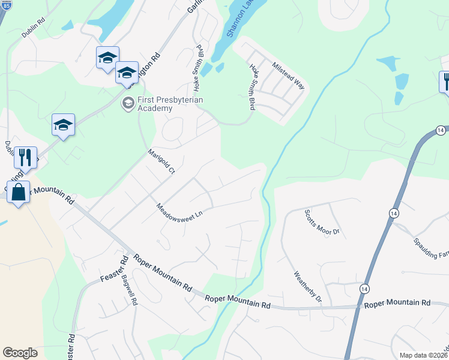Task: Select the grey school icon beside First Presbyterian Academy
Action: click(127, 103)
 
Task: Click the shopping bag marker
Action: click(19, 193)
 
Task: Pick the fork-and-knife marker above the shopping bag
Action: click(25, 158)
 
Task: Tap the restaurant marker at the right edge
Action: click(445, 81)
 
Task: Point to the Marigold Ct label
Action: click(160, 161)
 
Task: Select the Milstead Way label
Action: click(288, 75)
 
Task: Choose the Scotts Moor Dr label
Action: click(322, 222)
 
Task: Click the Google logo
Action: click(20, 353)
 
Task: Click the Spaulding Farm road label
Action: click(430, 245)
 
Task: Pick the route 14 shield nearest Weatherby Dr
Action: click(364, 289)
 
